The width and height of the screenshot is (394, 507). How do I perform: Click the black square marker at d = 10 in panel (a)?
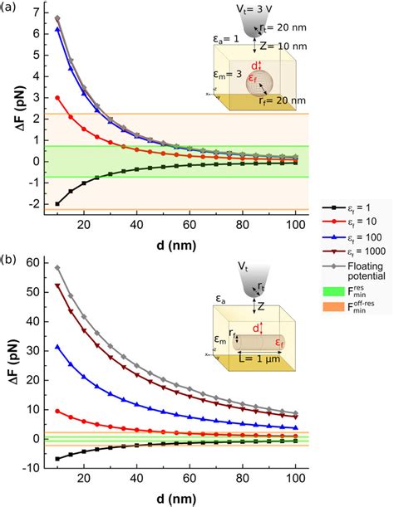click(57, 203)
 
